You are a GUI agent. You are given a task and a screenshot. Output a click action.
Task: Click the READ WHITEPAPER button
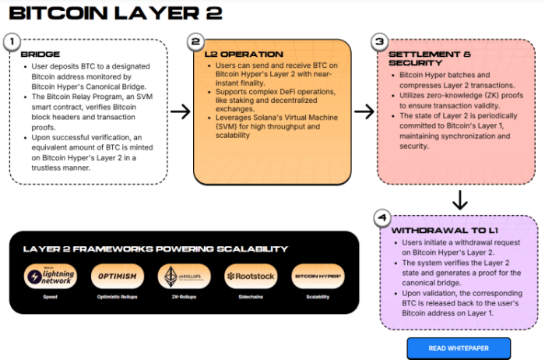(x=459, y=348)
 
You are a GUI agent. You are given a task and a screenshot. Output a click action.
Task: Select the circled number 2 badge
(x=198, y=42)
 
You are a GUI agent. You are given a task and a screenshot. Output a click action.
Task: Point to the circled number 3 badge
(x=380, y=42)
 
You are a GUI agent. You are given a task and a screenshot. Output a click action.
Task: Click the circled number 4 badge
(x=380, y=218)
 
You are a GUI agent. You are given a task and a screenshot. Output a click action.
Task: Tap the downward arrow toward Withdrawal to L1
(x=460, y=200)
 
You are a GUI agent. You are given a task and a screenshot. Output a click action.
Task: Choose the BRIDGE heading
(x=40, y=55)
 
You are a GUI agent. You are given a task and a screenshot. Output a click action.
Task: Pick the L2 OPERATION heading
(x=233, y=55)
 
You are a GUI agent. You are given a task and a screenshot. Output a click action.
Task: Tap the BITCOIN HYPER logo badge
(x=315, y=277)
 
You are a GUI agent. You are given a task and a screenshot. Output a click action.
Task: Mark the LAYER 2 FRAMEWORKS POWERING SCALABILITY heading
(x=156, y=249)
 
